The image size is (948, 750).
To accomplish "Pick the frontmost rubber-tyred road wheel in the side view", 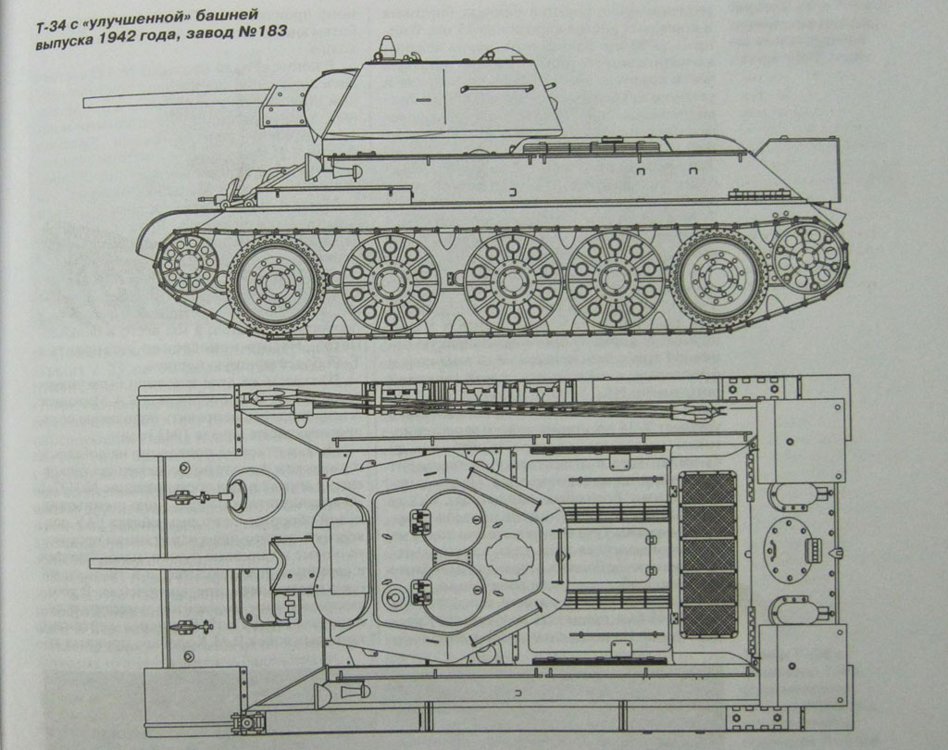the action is tap(275, 280).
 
